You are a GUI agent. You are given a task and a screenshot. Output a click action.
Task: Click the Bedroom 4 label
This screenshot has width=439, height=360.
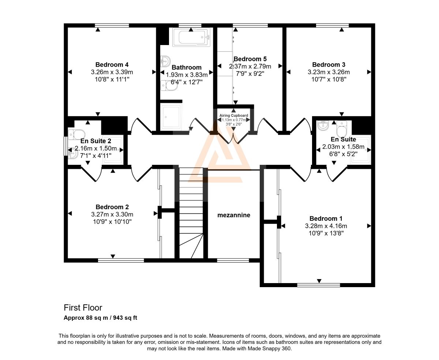point(112,64)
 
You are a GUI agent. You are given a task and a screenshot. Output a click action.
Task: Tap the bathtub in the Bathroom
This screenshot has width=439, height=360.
point(191,37)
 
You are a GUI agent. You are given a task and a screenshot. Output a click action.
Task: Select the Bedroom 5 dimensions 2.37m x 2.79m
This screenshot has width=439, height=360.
point(250,66)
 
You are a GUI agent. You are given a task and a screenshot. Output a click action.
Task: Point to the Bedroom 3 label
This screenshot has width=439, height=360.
point(329,64)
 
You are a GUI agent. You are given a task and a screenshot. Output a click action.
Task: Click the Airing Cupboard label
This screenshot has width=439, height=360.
point(234,115)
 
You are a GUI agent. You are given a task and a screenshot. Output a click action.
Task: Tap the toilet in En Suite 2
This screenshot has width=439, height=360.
point(76,134)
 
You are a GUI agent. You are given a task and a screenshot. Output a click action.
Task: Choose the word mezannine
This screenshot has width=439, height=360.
point(234,215)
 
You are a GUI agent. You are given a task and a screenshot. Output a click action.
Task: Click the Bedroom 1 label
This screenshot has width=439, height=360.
point(326,219)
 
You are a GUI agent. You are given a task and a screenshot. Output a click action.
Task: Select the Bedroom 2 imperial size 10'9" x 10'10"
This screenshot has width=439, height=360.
point(112,222)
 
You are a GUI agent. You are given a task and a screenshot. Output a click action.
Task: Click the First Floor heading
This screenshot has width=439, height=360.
point(83,308)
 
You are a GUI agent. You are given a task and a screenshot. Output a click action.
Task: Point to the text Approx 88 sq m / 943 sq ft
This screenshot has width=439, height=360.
point(100,318)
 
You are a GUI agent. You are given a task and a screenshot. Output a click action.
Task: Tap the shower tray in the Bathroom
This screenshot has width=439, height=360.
point(171,117)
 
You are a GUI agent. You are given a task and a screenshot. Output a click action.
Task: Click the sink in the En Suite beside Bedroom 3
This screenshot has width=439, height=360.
point(323,125)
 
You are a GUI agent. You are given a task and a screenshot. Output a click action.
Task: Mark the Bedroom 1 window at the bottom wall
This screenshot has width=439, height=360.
point(319,285)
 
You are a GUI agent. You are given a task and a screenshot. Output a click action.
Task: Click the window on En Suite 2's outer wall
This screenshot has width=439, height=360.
point(65,146)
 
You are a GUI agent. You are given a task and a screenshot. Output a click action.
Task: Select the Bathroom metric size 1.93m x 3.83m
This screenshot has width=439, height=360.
point(187,75)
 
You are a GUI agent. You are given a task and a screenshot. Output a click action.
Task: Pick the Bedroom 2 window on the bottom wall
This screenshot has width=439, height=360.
point(121,260)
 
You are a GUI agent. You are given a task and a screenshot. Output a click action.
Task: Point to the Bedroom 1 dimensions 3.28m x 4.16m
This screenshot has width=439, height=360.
point(326,226)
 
